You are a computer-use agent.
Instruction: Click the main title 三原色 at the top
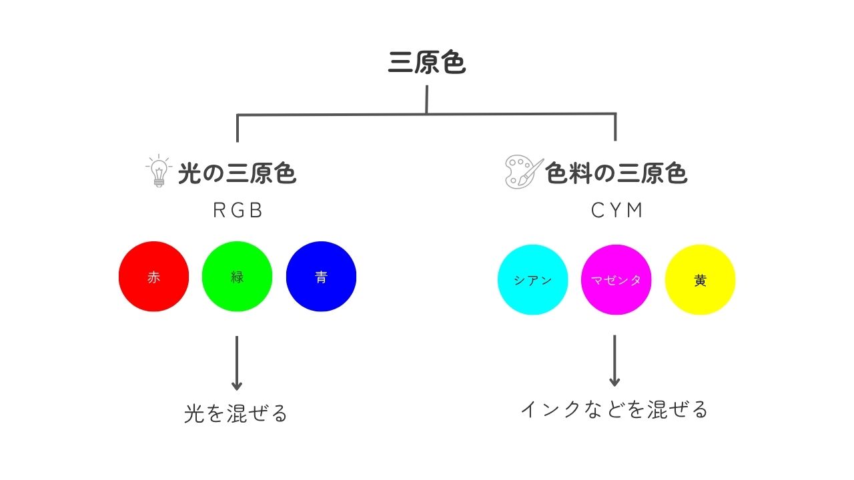pyautogui.click(x=426, y=62)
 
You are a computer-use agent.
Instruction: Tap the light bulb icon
pyautogui.click(x=159, y=171)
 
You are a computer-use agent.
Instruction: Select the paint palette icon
pyautogui.click(x=524, y=172)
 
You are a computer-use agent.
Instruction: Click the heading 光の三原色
pyautogui.click(x=237, y=173)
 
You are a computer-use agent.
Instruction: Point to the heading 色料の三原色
pyautogui.click(x=616, y=173)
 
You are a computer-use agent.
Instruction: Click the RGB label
pyautogui.click(x=238, y=210)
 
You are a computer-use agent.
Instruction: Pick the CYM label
pyautogui.click(x=616, y=210)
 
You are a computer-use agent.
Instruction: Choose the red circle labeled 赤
pyautogui.click(x=153, y=277)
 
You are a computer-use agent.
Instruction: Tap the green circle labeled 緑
pyautogui.click(x=237, y=277)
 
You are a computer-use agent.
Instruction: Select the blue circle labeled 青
pyautogui.click(x=321, y=277)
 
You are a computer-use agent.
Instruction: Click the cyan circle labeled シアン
pyautogui.click(x=532, y=280)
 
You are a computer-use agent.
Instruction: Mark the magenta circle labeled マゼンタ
pyautogui.click(x=616, y=280)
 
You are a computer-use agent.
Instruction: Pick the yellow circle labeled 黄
pyautogui.click(x=700, y=280)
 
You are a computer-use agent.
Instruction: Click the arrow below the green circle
pyautogui.click(x=237, y=363)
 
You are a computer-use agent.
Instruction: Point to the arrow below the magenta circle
pyautogui.click(x=614, y=361)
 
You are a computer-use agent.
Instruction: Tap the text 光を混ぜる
pyautogui.click(x=236, y=413)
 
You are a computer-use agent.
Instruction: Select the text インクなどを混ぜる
pyautogui.click(x=614, y=410)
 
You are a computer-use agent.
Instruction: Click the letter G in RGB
pyautogui.click(x=238, y=210)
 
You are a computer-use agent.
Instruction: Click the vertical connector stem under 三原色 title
pyautogui.click(x=426, y=99)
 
